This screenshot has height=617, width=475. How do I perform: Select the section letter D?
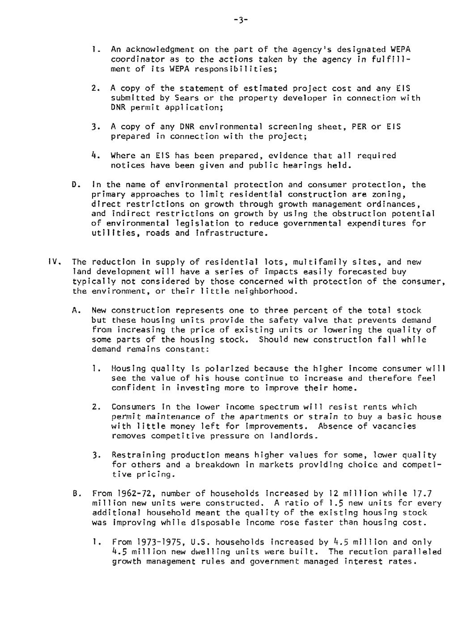click(x=75, y=185)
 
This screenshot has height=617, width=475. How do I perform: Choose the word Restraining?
click(x=139, y=456)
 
